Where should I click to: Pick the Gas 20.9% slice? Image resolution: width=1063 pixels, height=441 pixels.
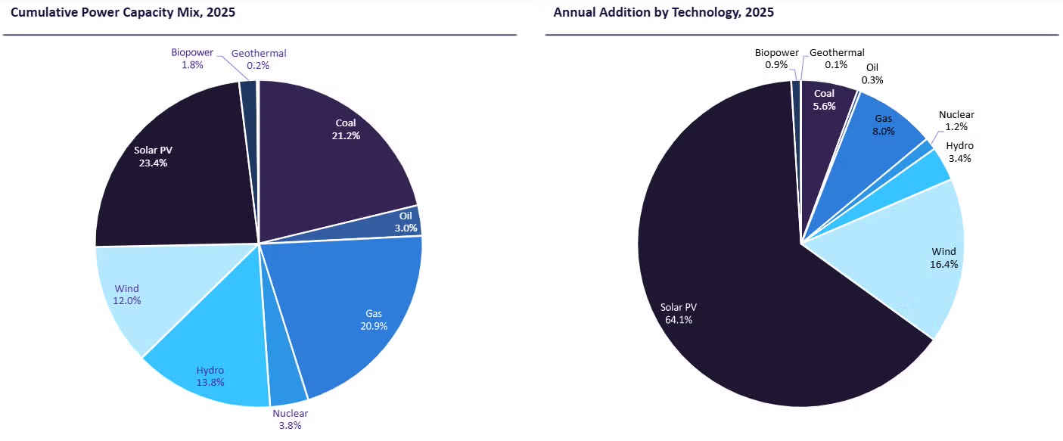(x=356, y=310)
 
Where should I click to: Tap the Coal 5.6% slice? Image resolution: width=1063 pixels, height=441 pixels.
(x=825, y=102)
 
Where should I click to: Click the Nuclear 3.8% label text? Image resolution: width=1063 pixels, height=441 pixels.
(x=291, y=419)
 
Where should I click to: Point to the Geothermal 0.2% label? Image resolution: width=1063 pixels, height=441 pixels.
(x=259, y=59)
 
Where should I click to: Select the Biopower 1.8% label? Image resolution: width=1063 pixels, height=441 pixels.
(x=192, y=59)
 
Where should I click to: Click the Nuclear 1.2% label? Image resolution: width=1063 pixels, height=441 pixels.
(x=956, y=121)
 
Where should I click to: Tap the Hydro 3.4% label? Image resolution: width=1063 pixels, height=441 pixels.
(x=959, y=152)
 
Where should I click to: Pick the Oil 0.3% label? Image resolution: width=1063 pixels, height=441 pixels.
(x=872, y=73)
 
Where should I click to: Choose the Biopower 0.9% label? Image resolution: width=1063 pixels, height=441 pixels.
(x=776, y=59)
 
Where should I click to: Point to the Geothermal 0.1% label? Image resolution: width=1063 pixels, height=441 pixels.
(x=837, y=59)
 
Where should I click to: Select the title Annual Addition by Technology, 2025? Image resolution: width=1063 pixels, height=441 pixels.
(x=664, y=12)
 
